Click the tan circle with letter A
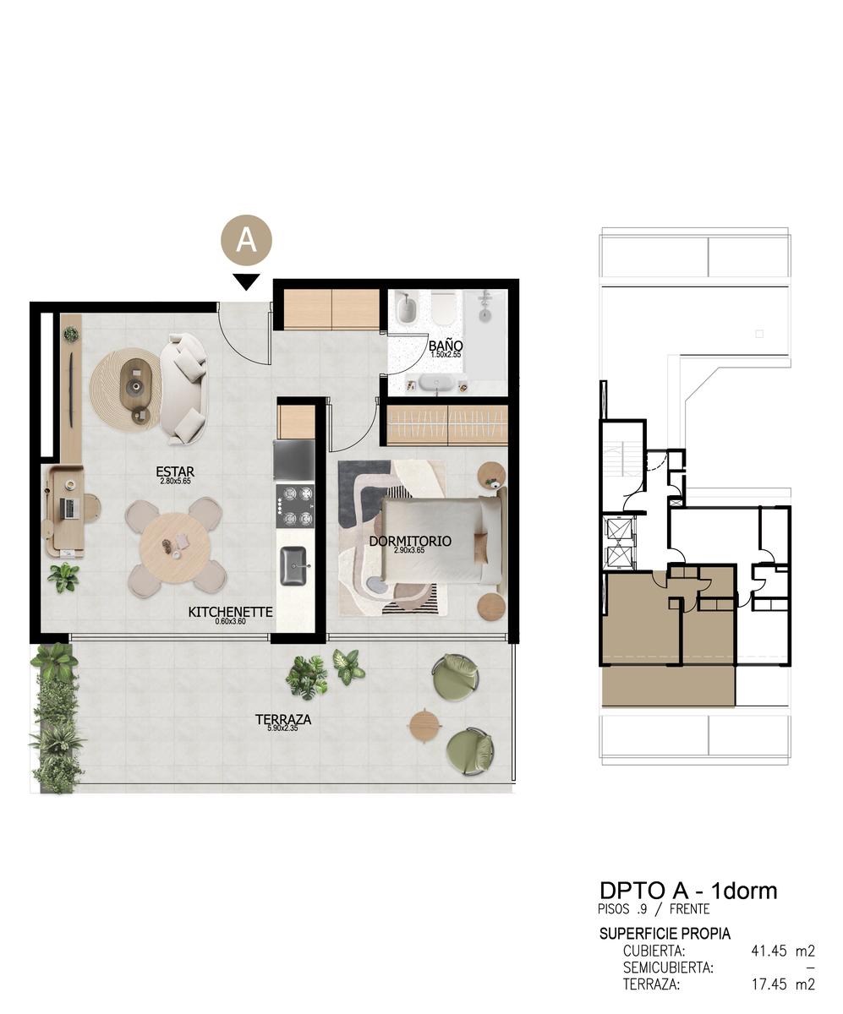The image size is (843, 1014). [246, 240]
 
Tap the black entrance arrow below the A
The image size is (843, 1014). [246, 281]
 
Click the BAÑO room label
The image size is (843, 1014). [446, 346]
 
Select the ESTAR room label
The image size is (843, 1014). [175, 472]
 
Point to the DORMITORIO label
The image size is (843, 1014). [410, 541]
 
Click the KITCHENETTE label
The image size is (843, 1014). [230, 612]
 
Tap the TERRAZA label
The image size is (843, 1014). [283, 719]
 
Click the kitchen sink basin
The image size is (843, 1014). [294, 566]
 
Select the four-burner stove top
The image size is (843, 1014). [295, 506]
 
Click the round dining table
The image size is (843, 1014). [175, 548]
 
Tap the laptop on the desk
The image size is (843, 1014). [68, 508]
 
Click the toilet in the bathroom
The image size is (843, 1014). [443, 308]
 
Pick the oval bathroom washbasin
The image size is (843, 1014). [436, 383]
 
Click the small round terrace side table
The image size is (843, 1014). [425, 726]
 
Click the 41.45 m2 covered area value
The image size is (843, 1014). [783, 951]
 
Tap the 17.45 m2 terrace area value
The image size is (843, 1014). [783, 984]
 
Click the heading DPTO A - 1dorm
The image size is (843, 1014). [688, 891]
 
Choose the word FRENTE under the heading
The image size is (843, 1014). [689, 909]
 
